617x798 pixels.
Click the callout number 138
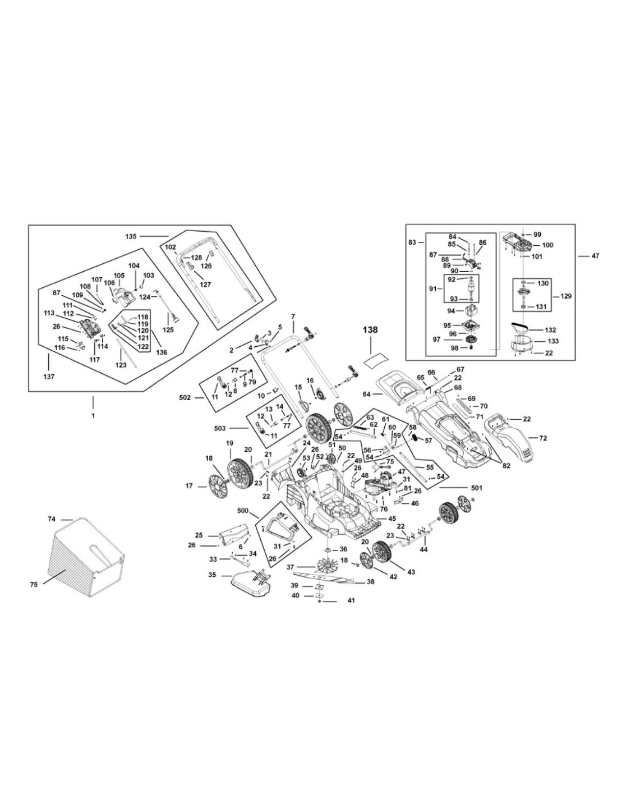coord(370,330)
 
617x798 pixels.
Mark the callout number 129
coord(565,296)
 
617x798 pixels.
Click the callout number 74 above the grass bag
coord(52,519)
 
